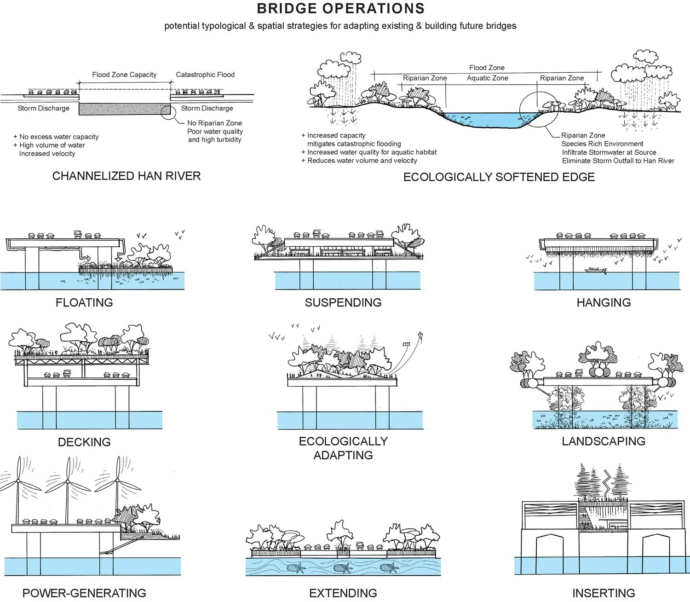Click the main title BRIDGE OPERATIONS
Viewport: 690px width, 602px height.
(340, 9)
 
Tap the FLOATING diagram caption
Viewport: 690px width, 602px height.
(84, 302)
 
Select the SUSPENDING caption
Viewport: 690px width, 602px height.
(343, 302)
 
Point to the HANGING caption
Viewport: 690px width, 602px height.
(604, 302)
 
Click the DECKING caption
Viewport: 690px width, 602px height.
(84, 442)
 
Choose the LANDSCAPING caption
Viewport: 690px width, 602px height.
(604, 441)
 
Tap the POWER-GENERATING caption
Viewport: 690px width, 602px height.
(84, 593)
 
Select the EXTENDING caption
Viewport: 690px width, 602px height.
(343, 593)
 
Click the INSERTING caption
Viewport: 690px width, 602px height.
(604, 593)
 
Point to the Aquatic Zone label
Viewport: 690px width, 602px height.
(487, 78)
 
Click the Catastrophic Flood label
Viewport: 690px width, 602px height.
(205, 75)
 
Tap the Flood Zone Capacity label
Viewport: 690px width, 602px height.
(125, 75)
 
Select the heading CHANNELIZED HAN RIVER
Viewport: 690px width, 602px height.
(126, 176)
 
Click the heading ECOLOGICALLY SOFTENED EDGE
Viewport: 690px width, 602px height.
(499, 177)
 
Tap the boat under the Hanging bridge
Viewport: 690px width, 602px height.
(596, 270)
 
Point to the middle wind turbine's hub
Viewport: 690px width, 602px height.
(68, 481)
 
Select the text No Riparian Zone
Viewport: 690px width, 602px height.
(214, 123)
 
